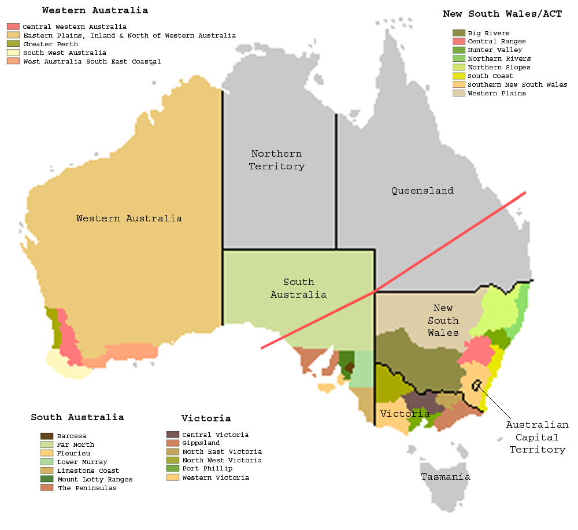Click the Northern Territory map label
click(x=276, y=160)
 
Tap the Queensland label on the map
click(x=422, y=191)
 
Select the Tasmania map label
click(x=445, y=477)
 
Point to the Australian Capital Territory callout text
click(x=537, y=437)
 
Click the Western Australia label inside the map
click(x=129, y=218)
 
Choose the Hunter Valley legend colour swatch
click(x=458, y=50)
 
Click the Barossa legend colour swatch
click(x=47, y=436)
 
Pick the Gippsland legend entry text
click(x=201, y=443)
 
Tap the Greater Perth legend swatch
click(x=13, y=44)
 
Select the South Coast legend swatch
click(x=458, y=76)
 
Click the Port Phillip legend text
click(x=207, y=469)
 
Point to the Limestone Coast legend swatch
click(x=47, y=470)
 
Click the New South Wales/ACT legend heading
click(x=502, y=14)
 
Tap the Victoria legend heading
click(x=206, y=418)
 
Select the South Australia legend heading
click(x=77, y=417)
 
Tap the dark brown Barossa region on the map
click(x=349, y=368)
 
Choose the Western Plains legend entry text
click(x=497, y=93)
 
